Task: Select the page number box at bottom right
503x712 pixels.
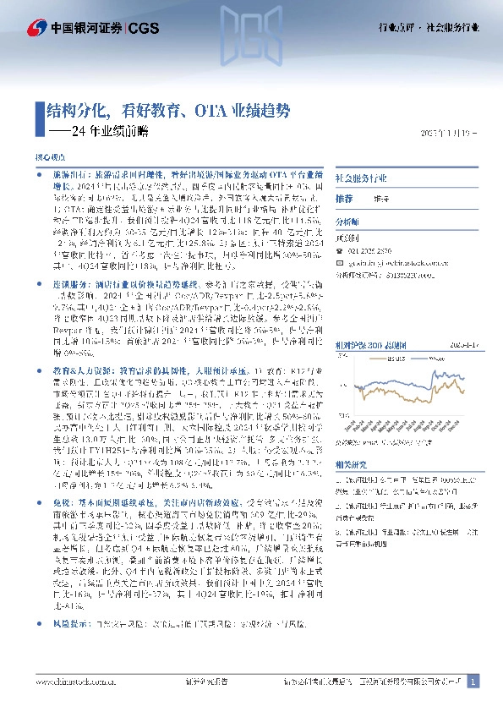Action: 473,681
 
